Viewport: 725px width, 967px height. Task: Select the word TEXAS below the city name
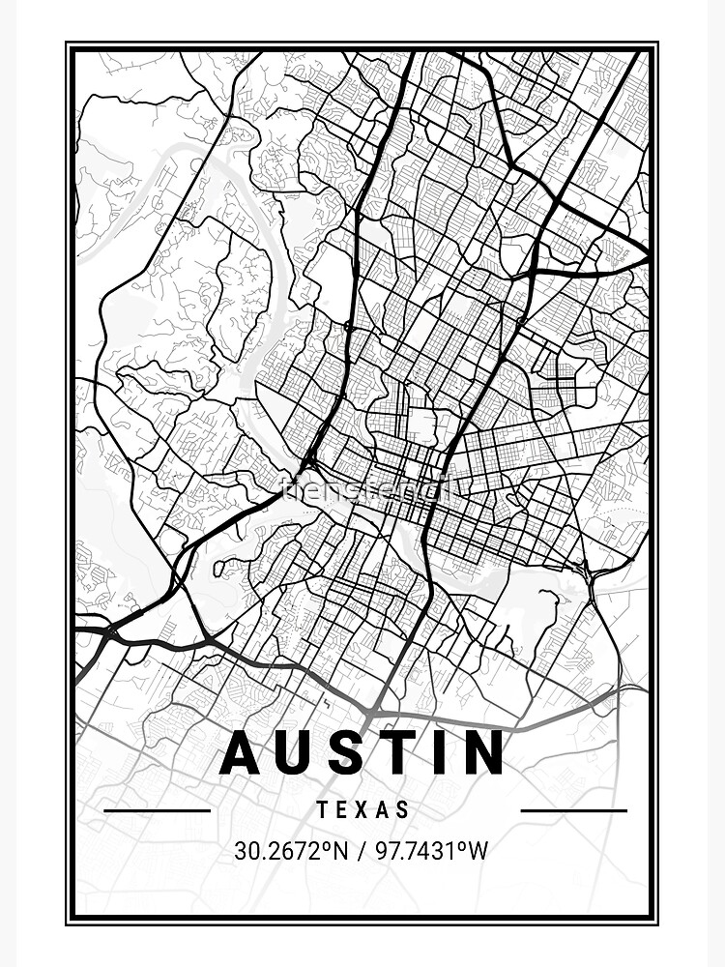point(362,810)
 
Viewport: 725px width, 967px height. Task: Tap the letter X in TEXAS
point(362,810)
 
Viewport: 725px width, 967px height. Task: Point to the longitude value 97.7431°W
point(433,851)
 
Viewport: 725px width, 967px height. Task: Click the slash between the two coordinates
point(360,851)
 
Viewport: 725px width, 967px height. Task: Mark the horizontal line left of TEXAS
point(157,810)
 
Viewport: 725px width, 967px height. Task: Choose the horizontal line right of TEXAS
point(573,810)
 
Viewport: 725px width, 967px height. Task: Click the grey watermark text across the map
point(362,489)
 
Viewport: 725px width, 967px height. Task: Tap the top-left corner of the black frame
point(68,44)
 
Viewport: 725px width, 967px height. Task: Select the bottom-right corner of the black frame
point(656,922)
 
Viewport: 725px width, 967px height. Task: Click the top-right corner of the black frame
point(656,44)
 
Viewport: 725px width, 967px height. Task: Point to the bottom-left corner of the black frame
point(68,922)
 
